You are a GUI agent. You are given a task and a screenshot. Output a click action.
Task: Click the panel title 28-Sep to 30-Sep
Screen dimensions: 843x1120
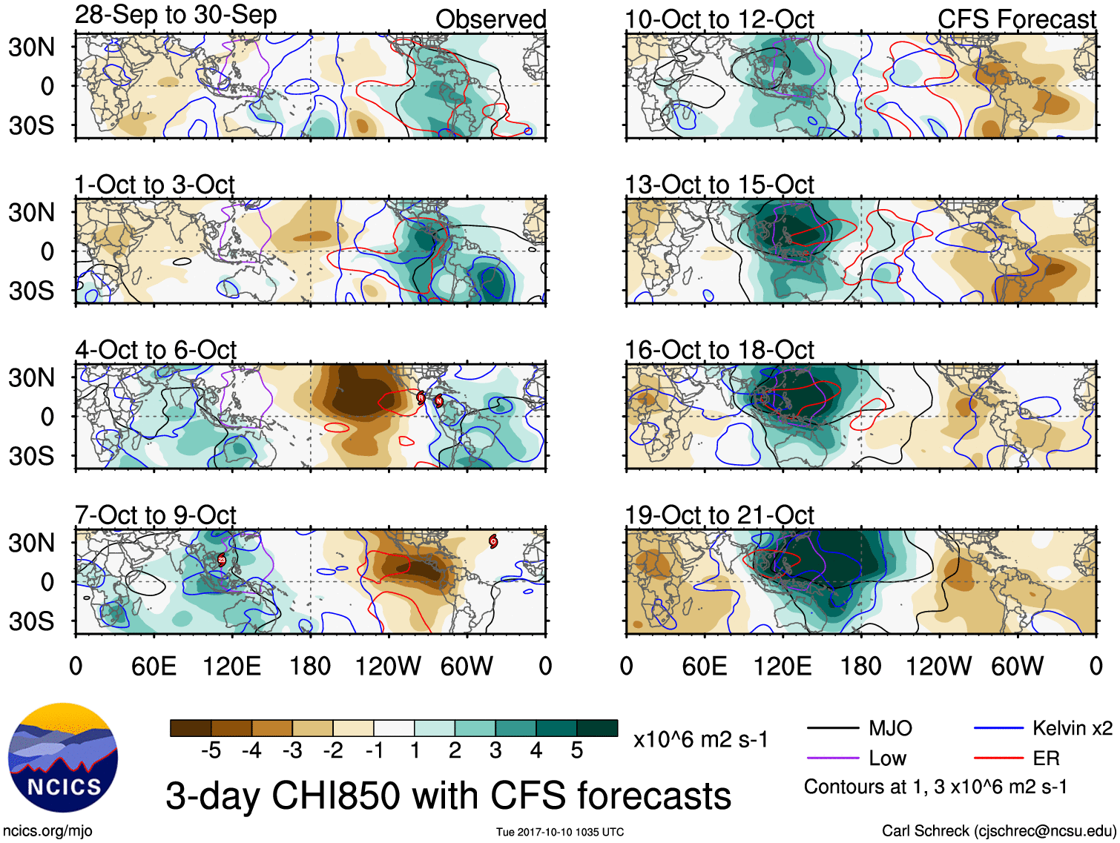[176, 15]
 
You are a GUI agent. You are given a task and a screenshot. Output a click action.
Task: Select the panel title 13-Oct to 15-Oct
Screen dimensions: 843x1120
[719, 185]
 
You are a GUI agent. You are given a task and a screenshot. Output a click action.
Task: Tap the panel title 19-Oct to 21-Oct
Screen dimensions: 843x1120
[719, 515]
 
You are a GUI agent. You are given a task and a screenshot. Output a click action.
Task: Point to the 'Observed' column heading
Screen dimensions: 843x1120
[490, 19]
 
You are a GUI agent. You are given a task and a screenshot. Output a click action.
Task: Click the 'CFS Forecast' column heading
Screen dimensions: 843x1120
[1016, 19]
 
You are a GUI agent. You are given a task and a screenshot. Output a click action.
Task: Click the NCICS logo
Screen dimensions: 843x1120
[63, 758]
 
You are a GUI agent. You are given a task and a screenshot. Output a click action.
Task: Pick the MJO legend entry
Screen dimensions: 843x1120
[890, 728]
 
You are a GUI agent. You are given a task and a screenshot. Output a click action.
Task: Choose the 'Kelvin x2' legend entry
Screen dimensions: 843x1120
[1072, 728]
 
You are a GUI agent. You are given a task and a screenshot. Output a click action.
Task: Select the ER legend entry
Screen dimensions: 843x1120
[1046, 758]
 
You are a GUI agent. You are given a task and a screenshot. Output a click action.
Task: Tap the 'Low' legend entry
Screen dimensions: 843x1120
[887, 758]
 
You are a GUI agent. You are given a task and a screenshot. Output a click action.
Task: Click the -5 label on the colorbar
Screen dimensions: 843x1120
[211, 751]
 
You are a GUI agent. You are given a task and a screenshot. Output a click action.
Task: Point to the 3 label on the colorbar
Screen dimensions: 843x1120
[495, 751]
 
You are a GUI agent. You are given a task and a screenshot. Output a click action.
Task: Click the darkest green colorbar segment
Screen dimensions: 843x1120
[597, 728]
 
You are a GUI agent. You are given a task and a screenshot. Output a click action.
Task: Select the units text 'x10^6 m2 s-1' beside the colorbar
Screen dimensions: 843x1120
[700, 739]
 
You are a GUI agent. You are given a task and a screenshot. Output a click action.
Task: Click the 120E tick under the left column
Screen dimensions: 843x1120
[232, 666]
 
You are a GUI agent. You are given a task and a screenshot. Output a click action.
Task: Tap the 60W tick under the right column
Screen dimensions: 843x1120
[1017, 666]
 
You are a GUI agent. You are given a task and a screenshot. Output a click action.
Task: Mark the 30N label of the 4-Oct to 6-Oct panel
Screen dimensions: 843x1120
[31, 378]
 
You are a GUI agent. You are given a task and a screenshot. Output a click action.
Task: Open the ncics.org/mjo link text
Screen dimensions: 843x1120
[47, 831]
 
